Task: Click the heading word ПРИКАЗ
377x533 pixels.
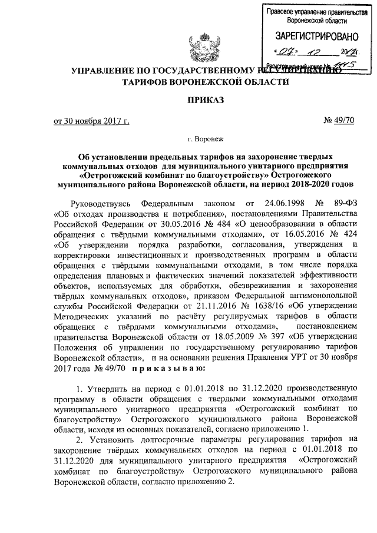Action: coord(205,101)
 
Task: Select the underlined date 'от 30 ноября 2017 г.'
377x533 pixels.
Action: coord(91,121)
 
